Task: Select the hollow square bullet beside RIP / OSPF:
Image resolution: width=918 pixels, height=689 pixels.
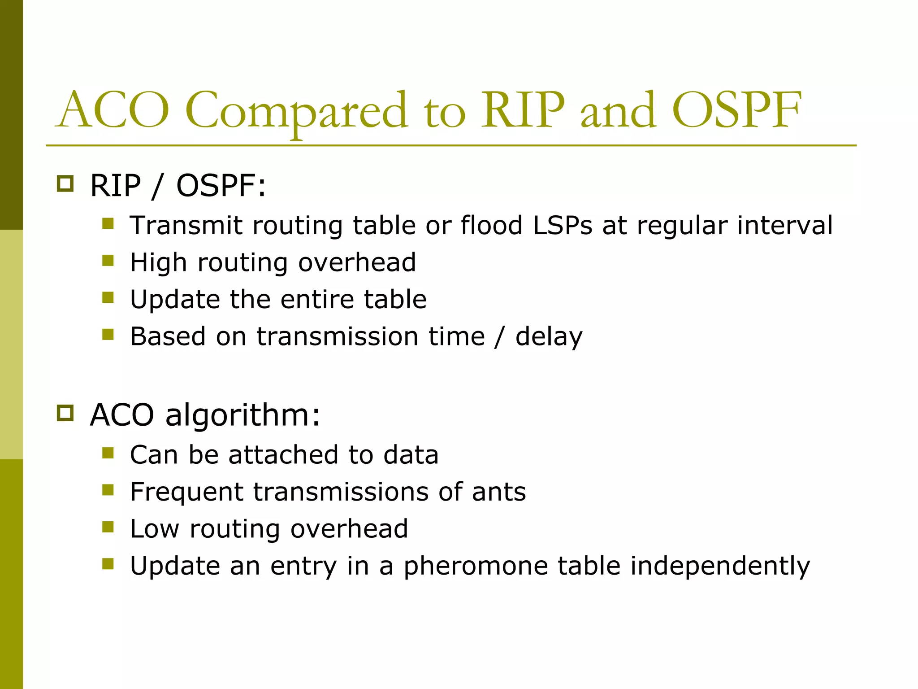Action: tap(65, 184)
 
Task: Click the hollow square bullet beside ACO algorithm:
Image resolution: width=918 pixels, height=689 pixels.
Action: tap(65, 413)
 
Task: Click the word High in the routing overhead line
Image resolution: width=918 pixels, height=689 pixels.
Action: tap(158, 263)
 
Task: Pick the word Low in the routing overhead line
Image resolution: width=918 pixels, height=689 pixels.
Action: tap(155, 529)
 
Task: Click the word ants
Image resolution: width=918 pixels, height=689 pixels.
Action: tap(498, 492)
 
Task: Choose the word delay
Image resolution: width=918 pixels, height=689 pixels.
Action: tap(549, 337)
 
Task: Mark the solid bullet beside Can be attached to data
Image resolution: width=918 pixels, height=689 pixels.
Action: tap(108, 453)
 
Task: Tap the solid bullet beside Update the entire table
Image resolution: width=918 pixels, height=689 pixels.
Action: tap(108, 297)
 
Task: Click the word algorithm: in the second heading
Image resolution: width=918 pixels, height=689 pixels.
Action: tap(243, 415)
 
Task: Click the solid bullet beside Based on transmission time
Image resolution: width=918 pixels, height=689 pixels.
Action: tap(108, 335)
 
